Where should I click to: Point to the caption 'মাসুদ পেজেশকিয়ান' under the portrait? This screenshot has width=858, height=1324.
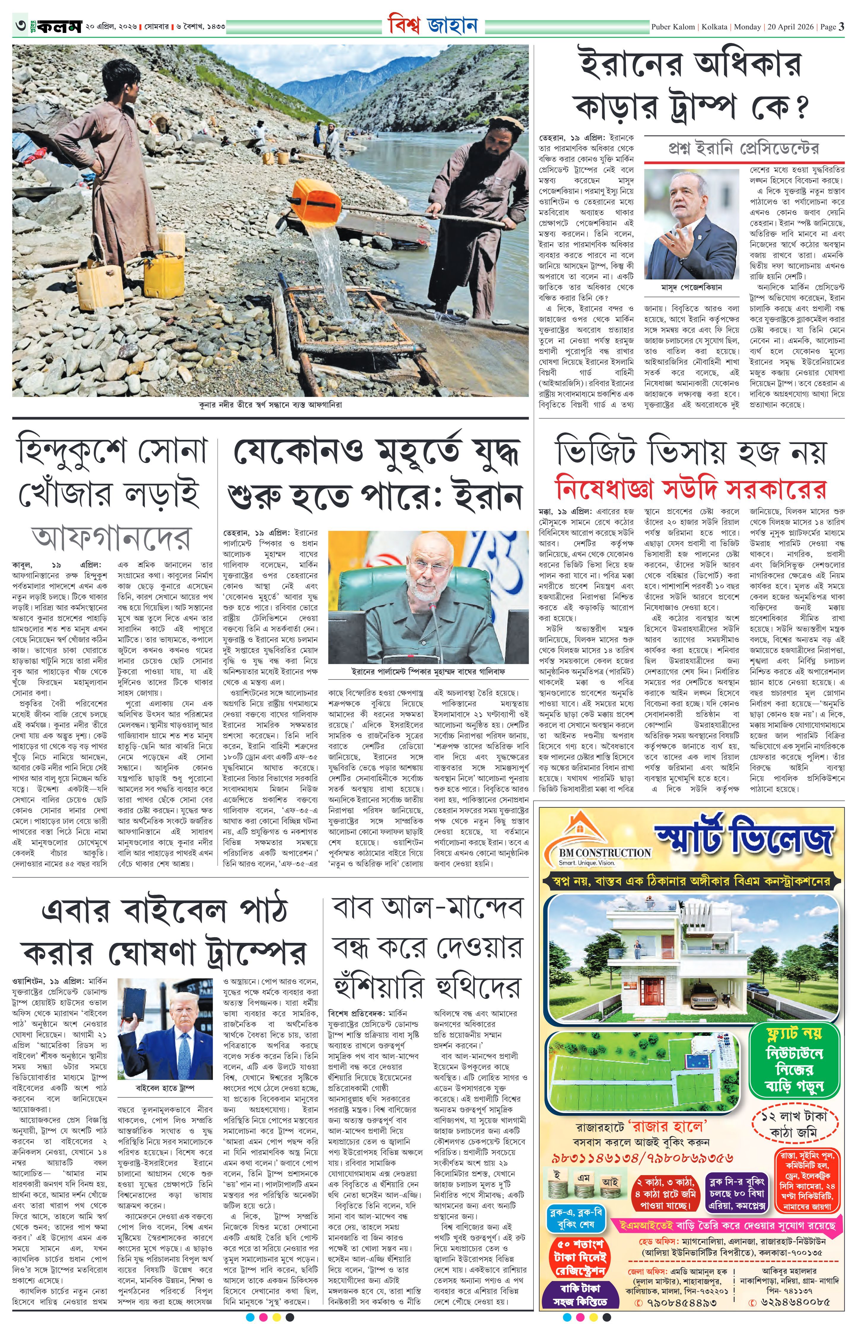691,288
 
